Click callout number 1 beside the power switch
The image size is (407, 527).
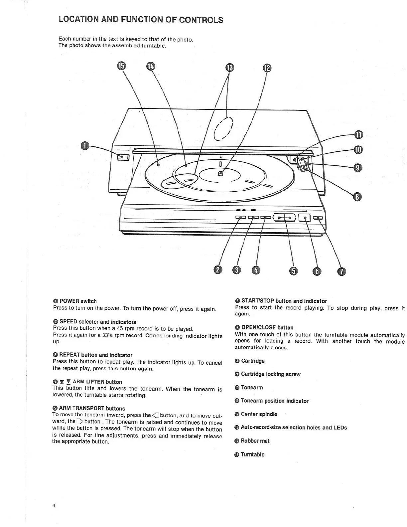point(85,146)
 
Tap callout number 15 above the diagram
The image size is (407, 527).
point(121,66)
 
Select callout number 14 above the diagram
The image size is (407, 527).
point(150,66)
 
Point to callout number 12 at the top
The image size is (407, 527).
point(267,68)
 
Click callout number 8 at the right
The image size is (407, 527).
point(357,197)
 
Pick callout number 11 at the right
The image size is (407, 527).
point(358,135)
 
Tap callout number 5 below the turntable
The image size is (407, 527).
point(293,271)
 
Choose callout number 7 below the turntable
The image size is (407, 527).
point(342,271)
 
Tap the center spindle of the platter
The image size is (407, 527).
point(220,173)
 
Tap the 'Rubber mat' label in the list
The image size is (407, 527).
point(255,441)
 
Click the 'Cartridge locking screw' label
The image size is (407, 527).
point(270,374)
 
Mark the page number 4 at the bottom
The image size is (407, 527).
point(54,506)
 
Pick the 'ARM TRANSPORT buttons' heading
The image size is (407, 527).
point(92,408)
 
